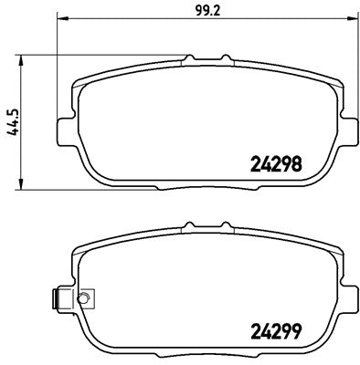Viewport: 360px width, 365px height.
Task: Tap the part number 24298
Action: [276, 165]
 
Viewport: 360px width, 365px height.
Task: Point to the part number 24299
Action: [276, 331]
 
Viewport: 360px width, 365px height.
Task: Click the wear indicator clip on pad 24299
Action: [59, 298]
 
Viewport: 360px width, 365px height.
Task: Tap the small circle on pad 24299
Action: [82, 298]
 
